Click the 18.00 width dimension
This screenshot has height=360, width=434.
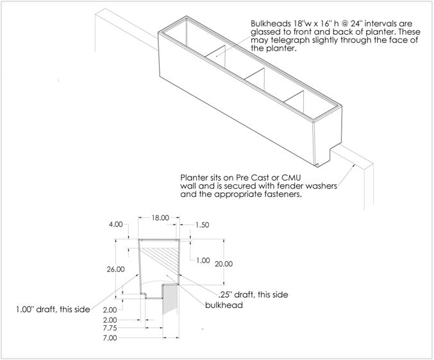[160, 218]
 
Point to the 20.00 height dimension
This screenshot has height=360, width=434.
[224, 264]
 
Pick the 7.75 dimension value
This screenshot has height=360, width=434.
[110, 329]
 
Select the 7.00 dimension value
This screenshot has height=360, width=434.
[110, 338]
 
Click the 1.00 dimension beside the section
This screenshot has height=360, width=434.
[203, 261]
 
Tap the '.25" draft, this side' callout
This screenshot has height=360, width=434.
[253, 295]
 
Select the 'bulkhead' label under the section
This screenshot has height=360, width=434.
[224, 305]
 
